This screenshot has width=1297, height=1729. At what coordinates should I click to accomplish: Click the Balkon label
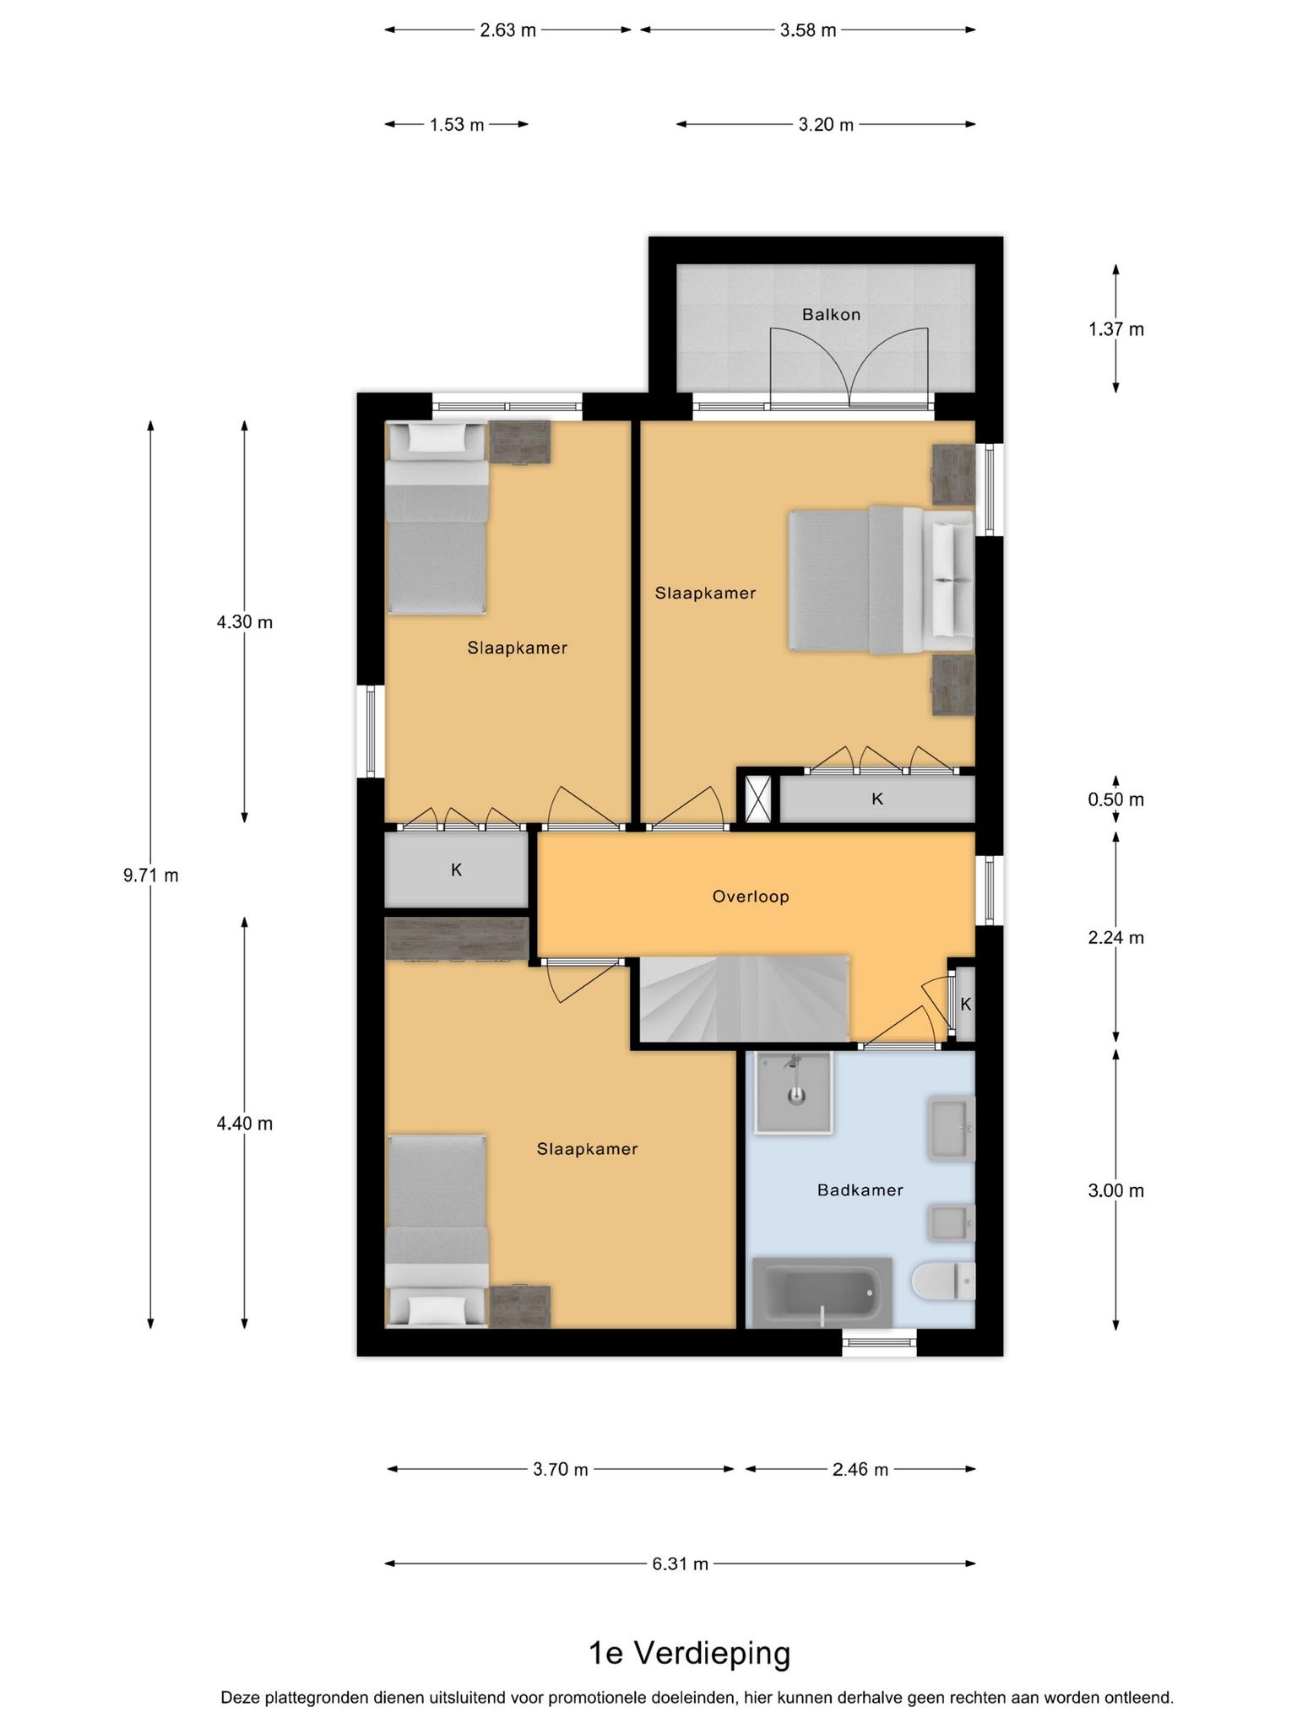click(831, 315)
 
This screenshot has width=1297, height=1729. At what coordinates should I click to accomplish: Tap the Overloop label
click(751, 897)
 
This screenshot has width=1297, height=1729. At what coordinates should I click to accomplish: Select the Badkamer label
click(860, 1190)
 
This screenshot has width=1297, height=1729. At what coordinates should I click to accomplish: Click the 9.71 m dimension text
click(151, 875)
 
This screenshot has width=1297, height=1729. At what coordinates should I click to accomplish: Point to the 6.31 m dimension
click(680, 1564)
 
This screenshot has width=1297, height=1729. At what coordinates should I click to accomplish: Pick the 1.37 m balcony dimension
click(1116, 329)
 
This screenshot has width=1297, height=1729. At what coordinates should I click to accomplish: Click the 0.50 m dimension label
click(1116, 799)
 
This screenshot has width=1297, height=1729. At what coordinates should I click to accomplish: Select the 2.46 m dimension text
click(860, 1470)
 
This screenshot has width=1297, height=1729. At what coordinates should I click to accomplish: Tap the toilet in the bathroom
click(943, 1282)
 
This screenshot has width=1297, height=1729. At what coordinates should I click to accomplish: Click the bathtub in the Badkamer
click(822, 1293)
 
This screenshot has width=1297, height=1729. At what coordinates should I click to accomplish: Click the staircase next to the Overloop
click(743, 999)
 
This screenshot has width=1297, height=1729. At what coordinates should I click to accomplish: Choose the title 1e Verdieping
click(689, 1653)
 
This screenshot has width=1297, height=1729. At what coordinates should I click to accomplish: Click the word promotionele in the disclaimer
click(601, 1697)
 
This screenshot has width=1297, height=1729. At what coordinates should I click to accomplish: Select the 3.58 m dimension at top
click(808, 30)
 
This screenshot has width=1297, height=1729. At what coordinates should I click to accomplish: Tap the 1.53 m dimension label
click(457, 125)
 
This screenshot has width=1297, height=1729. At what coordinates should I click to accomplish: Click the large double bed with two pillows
click(881, 580)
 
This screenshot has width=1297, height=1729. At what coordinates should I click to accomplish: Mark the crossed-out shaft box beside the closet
click(758, 799)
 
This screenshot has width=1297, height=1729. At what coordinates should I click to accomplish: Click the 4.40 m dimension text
click(245, 1124)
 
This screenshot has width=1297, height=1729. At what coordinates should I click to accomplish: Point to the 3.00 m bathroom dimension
click(1116, 1191)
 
